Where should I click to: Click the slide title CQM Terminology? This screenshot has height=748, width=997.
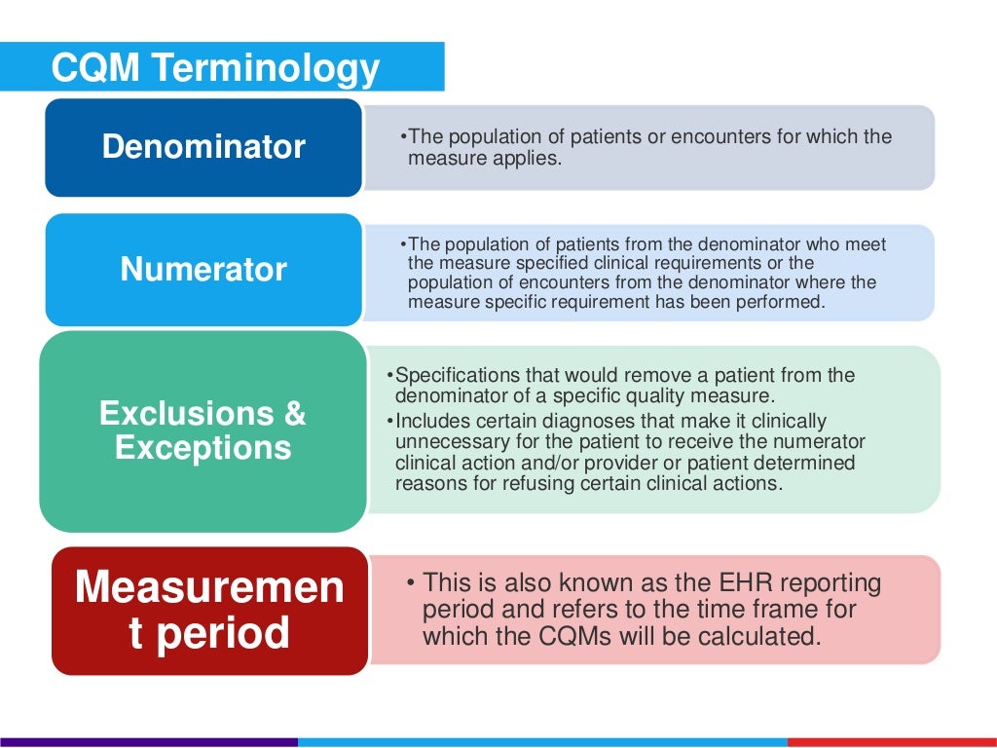coord(215,68)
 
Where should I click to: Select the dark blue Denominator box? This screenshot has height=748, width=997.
coord(203,147)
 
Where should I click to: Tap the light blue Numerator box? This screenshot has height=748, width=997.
coord(203,269)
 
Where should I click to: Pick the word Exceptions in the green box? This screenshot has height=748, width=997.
coord(203,448)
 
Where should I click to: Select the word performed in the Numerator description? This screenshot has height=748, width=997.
coord(783,302)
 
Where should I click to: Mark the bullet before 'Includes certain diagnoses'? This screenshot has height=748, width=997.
coord(389,421)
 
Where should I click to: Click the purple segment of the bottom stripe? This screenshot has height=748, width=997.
coord(146,742)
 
